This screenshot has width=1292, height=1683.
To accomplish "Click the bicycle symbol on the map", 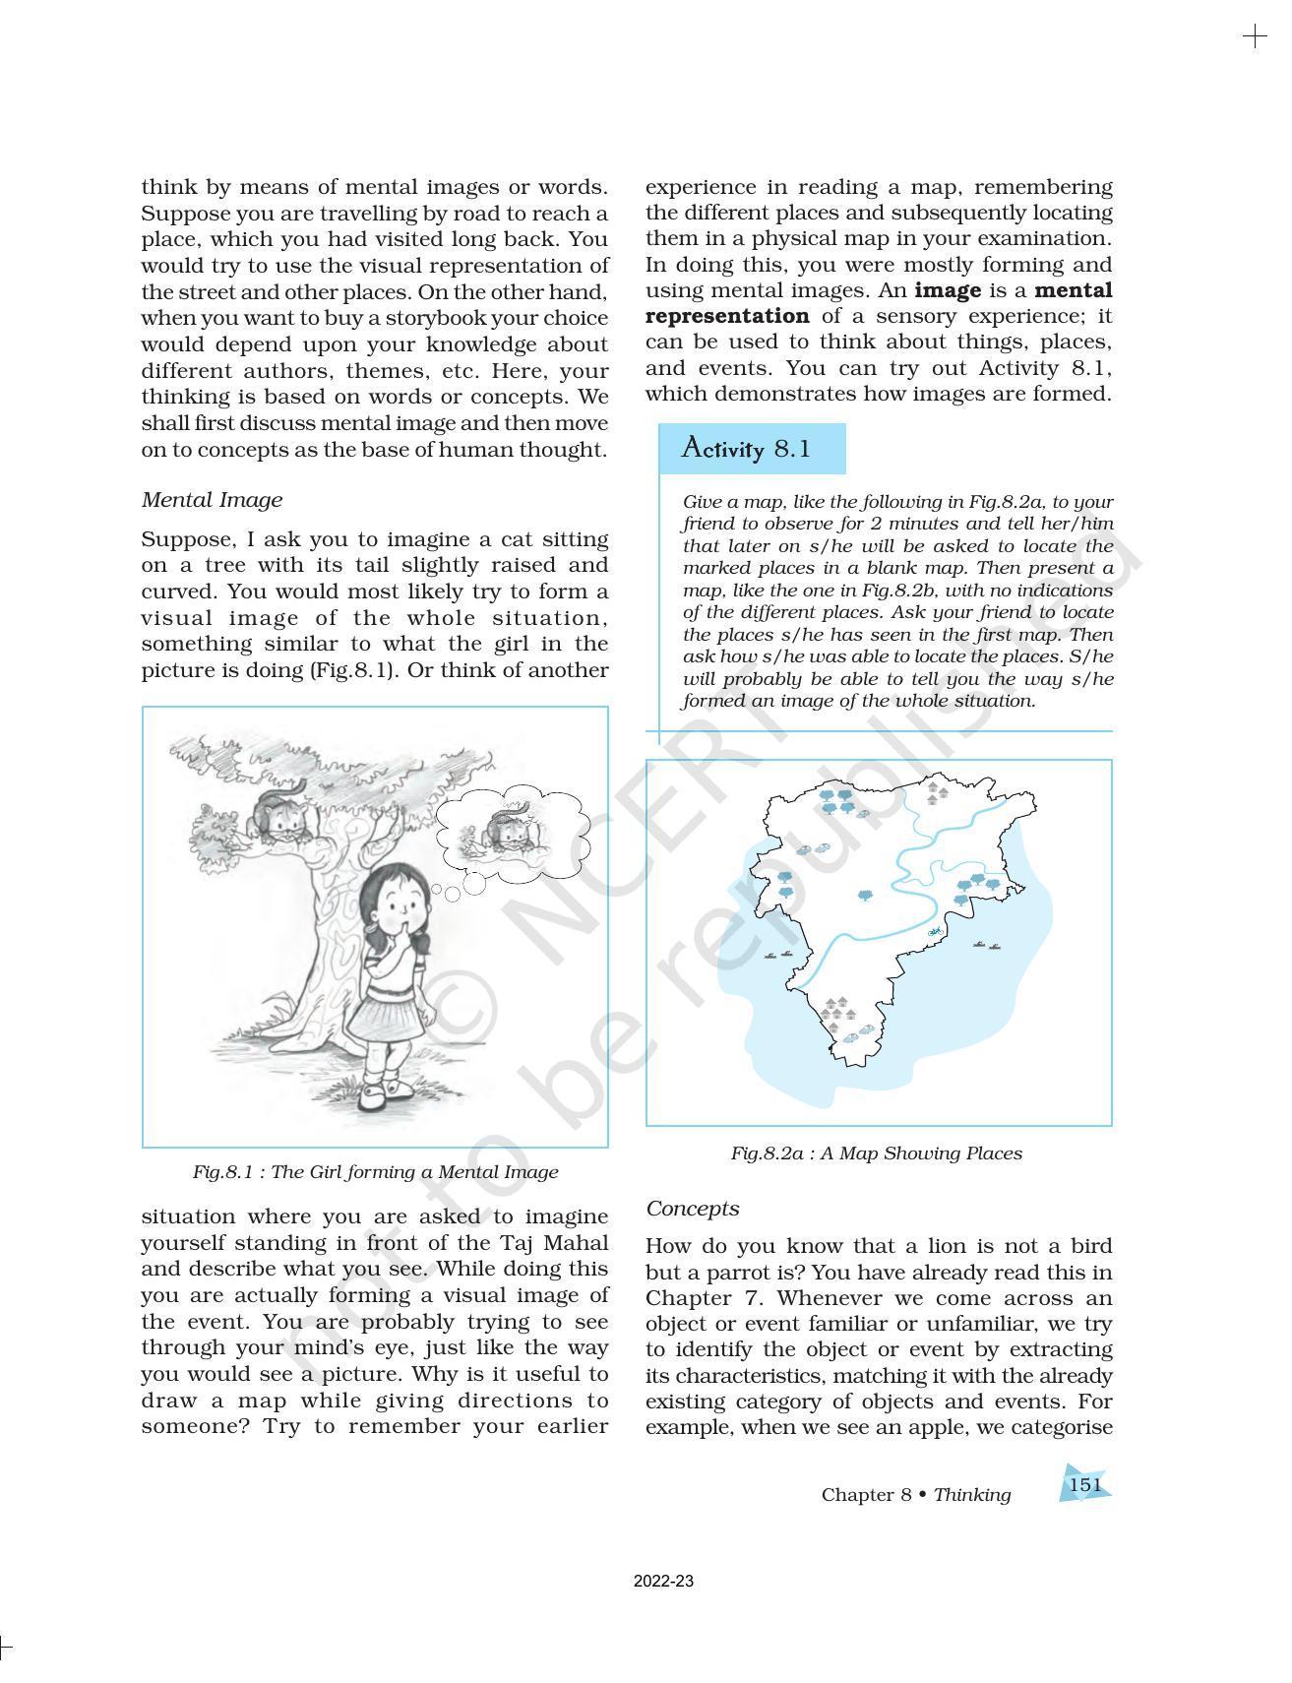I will (x=936, y=930).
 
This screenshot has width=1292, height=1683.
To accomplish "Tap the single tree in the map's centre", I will (x=865, y=896).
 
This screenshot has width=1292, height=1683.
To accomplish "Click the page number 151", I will (x=1084, y=1484).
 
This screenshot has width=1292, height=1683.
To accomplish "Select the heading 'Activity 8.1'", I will (x=746, y=449).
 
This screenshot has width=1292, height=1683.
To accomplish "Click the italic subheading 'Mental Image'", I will (x=212, y=499).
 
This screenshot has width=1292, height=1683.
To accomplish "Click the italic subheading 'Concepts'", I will (x=692, y=1208).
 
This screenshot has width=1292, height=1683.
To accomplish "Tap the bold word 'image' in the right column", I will (x=948, y=290).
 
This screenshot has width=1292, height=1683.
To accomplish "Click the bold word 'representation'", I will (x=727, y=316).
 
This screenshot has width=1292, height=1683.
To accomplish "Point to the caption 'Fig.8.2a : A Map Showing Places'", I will (x=876, y=1153).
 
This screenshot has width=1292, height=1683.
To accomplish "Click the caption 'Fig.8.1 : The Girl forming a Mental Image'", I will (x=375, y=1171).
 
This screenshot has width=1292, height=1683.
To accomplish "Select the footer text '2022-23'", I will (x=663, y=1582).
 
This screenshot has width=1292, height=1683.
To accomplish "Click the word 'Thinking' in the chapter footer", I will (x=972, y=1494).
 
